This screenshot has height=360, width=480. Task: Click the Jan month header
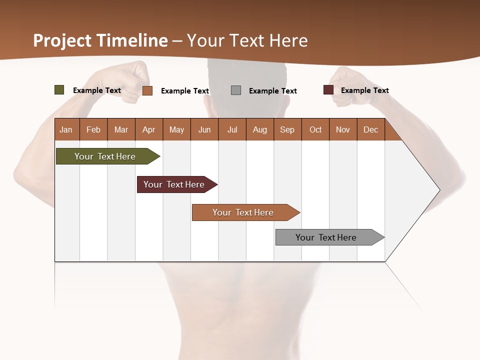click(x=66, y=129)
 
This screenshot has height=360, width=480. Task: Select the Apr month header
click(x=148, y=129)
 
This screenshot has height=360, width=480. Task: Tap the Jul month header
click(x=232, y=129)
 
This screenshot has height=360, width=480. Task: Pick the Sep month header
click(x=287, y=129)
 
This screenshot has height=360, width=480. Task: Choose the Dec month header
click(x=370, y=129)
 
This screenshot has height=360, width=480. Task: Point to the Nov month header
click(x=342, y=129)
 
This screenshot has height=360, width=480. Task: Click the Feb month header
click(x=93, y=129)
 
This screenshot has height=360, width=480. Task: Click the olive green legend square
click(x=59, y=90)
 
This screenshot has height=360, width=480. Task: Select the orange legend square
click(x=147, y=90)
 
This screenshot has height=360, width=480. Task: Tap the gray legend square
click(x=236, y=90)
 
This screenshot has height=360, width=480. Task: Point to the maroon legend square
click(x=328, y=90)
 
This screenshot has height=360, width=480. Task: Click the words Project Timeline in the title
click(x=100, y=40)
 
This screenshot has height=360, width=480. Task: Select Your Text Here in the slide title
click(x=247, y=40)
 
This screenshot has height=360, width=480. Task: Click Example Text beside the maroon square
click(x=364, y=90)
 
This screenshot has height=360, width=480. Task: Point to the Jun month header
click(x=204, y=129)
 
